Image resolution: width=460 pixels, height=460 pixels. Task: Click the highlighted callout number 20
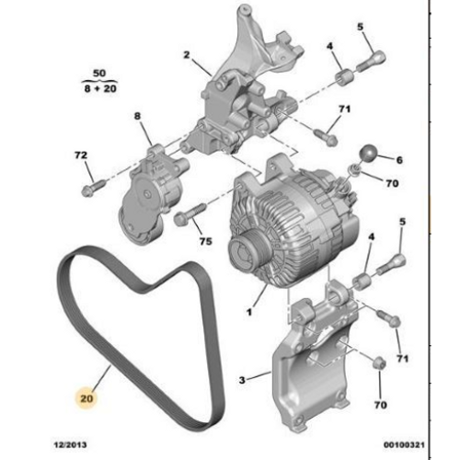pos(86,398)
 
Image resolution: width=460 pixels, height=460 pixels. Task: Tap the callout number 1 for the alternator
pos(249,312)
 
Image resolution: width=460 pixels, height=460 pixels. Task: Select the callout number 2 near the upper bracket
pos(187,55)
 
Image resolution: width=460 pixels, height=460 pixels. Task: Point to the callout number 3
pos(242,380)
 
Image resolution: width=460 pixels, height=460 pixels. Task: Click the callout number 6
pos(399,160)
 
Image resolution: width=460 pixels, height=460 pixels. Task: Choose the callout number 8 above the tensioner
pos(137,116)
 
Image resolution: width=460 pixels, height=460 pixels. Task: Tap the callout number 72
pos(81,155)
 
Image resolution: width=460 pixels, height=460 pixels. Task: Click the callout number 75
pos(206,241)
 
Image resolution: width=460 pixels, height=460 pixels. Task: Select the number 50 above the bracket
pos(99,74)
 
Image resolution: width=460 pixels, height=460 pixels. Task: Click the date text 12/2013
pos(70,444)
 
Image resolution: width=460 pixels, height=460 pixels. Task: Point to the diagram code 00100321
pos(404,444)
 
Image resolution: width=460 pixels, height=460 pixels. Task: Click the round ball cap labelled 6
pos(368,153)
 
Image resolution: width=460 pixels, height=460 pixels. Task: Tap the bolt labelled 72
pos(93,188)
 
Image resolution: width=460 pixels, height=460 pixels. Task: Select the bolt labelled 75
pos(191,213)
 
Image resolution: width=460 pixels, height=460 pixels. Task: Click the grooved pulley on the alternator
pos(248,251)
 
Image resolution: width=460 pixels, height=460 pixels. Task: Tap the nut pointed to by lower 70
pos(379,363)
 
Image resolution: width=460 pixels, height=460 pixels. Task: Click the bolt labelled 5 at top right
pos(371,63)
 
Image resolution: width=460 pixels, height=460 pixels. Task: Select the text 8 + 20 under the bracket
pos(100,88)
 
